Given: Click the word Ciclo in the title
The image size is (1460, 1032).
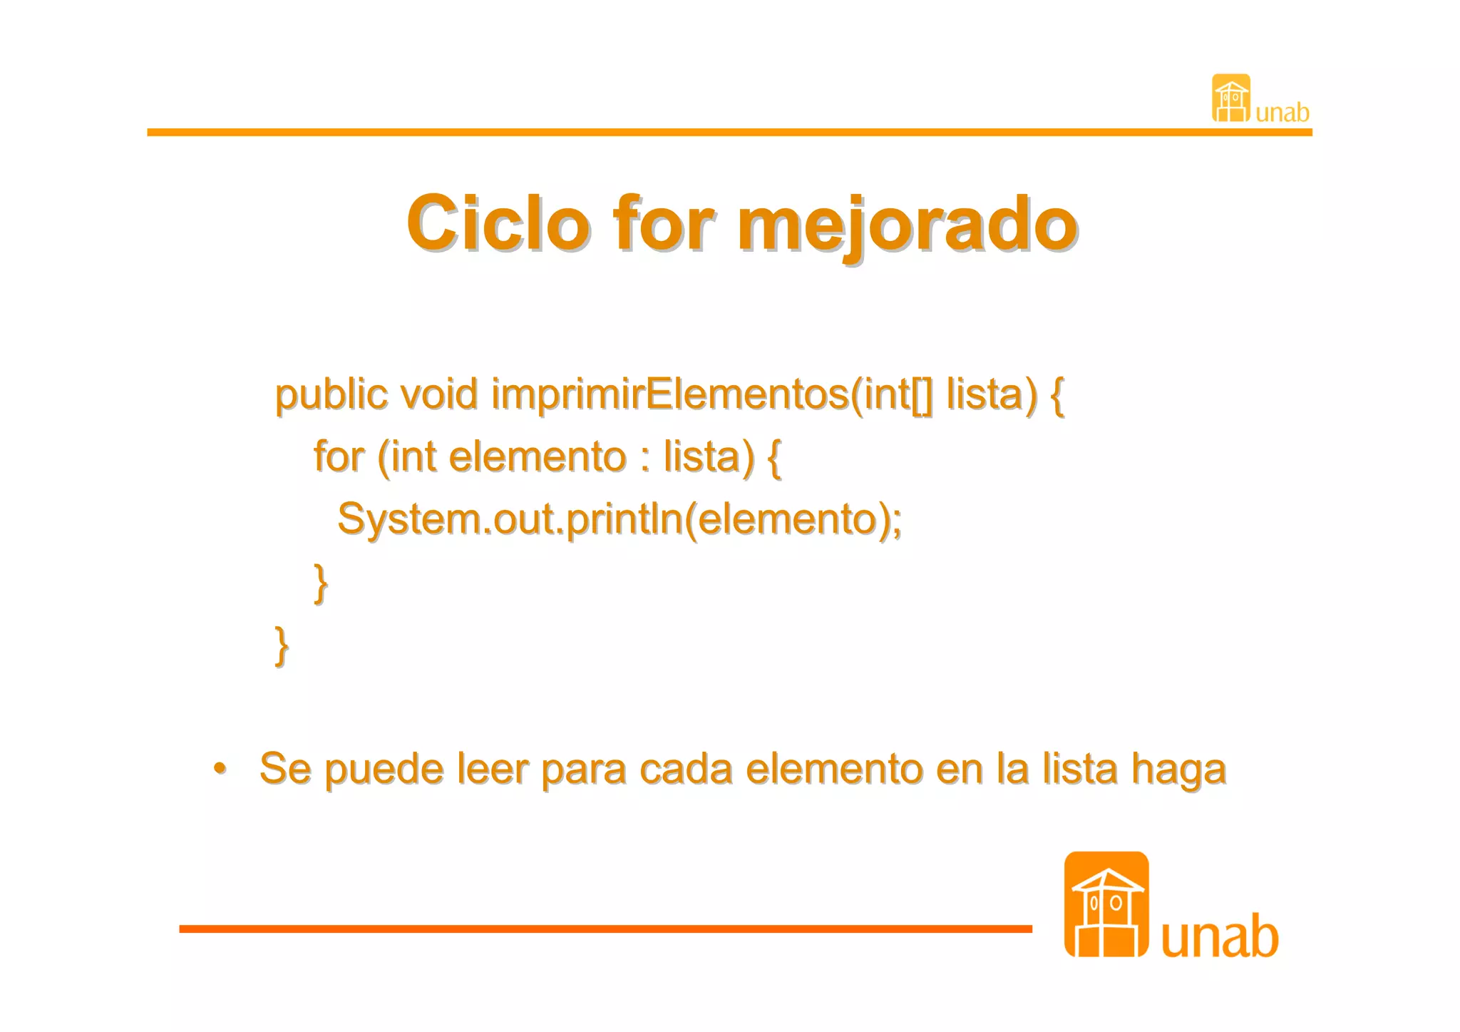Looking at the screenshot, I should [x=498, y=224].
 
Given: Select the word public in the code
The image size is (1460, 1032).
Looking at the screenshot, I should [x=331, y=396].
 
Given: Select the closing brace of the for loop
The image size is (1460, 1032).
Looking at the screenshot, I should [x=321, y=583].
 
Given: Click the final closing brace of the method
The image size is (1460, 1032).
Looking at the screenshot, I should [x=282, y=645].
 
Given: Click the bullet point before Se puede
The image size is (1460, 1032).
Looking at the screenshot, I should [x=220, y=768].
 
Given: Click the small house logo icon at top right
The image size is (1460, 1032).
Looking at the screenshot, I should [x=1230, y=98].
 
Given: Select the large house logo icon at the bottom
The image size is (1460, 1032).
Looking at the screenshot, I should [x=1106, y=904].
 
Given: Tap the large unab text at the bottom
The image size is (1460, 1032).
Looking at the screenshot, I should [x=1220, y=936].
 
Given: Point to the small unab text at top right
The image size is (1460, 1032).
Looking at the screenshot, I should [x=1282, y=113].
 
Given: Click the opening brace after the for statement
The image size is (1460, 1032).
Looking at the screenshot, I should [x=773, y=458].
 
